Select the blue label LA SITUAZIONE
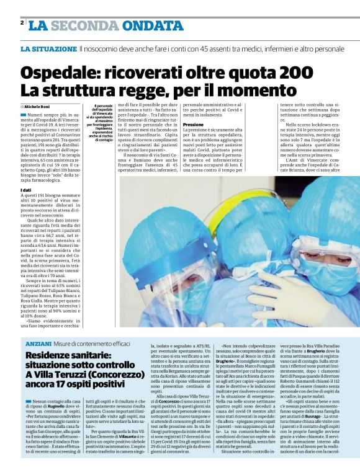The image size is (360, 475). (48, 48)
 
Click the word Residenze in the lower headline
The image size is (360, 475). (51, 355)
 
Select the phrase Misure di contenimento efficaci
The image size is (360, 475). (92, 344)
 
